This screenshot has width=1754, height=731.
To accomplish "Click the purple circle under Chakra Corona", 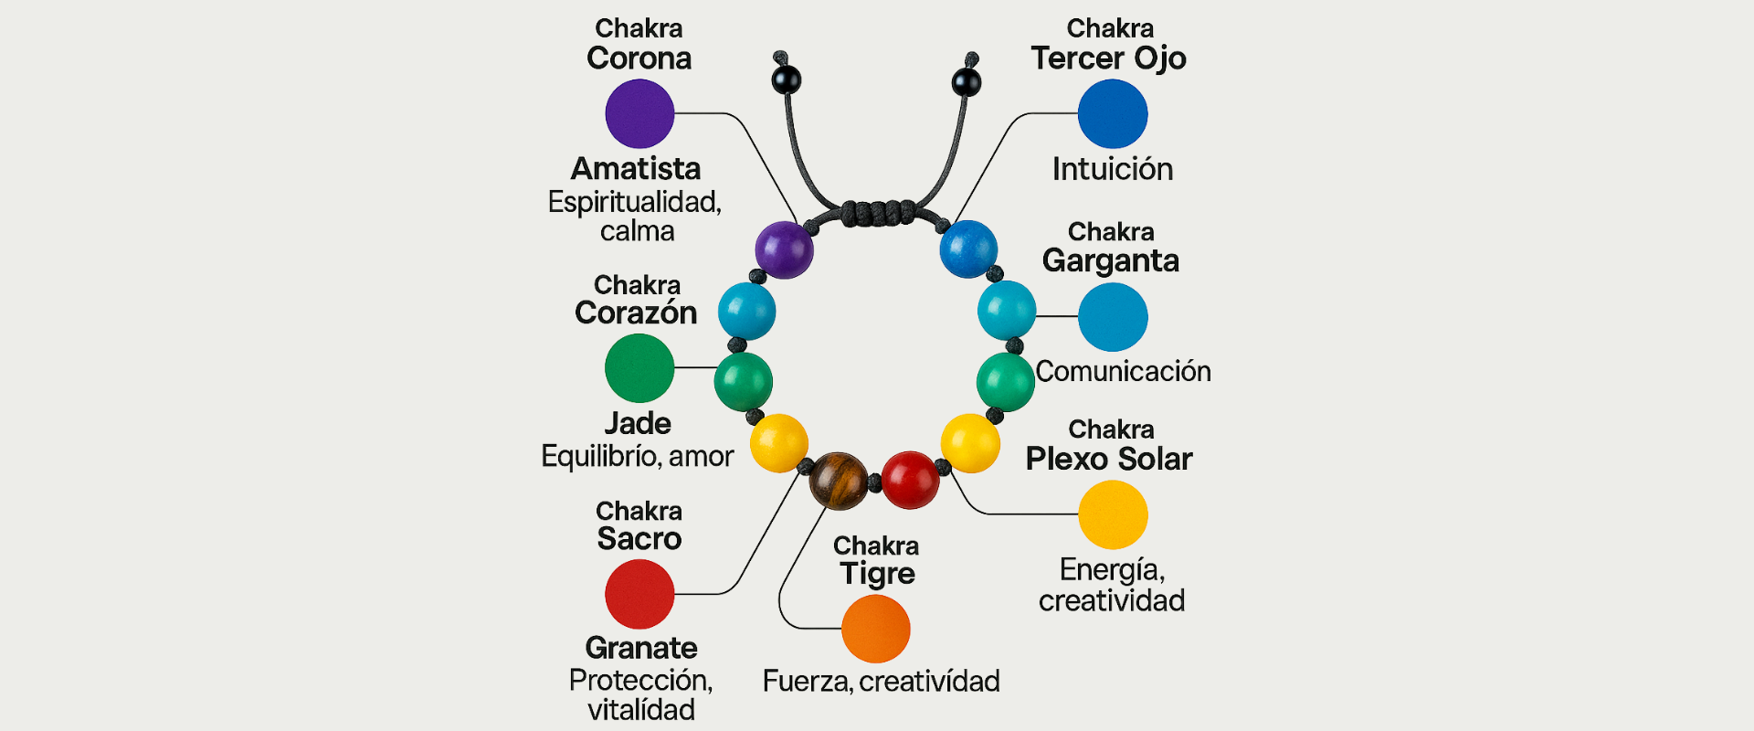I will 639,113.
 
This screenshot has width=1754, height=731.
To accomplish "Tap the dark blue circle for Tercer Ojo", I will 1112,113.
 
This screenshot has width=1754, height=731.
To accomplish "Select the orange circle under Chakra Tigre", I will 875,629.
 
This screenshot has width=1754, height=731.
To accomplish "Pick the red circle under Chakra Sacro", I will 639,594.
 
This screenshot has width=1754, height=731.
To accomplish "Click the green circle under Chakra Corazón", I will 639,367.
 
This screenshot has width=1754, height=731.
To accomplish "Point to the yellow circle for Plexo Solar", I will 1112,515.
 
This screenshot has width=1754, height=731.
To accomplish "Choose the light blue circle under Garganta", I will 1112,316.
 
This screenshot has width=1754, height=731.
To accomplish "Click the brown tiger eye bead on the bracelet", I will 839,481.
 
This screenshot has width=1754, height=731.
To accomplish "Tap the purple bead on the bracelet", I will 784,249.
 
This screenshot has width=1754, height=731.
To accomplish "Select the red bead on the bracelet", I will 910,480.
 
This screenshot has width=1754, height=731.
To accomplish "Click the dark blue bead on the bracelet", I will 968,249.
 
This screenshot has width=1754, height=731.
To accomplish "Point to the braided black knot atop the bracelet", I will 877,213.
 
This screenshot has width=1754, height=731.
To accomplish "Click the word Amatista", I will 636,169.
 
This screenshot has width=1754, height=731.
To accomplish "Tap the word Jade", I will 638,424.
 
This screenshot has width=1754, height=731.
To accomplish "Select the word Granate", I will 641,648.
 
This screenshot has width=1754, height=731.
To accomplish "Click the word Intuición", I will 1112,169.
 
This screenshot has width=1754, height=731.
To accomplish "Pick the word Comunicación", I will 1123,371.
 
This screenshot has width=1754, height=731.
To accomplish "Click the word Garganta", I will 1110,261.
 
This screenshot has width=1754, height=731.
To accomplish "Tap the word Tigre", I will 877,574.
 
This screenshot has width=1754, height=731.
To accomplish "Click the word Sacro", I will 639,539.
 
